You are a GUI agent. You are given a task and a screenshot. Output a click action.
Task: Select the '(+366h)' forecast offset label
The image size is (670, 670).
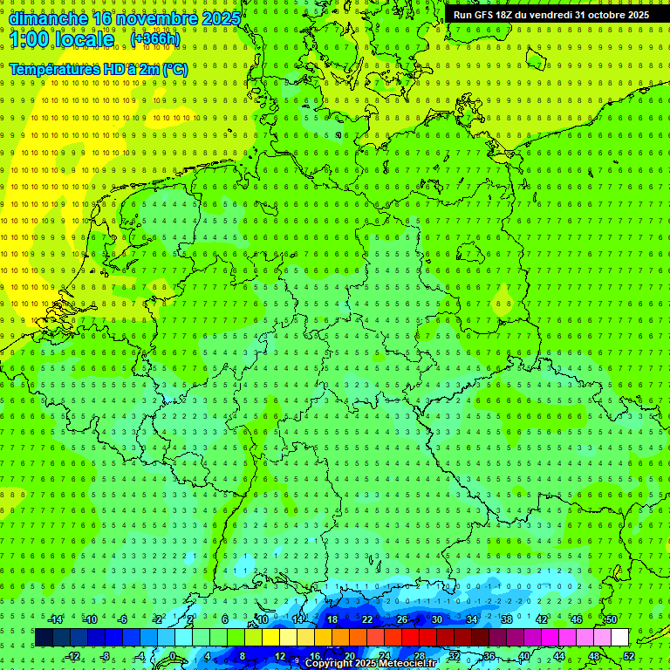tap(155, 39)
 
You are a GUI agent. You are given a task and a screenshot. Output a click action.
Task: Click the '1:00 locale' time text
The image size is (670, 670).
tap(62, 39)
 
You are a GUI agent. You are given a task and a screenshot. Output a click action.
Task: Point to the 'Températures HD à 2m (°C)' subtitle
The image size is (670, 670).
tap(98, 69)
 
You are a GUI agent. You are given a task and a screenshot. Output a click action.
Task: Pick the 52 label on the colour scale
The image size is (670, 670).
tap(629, 656)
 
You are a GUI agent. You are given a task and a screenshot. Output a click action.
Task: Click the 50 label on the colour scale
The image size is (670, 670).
tap(612, 619)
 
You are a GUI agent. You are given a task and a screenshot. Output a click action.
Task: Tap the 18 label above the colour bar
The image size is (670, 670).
tap(332, 619)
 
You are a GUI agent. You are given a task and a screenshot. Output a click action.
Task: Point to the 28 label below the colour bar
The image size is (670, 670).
tap(419, 656)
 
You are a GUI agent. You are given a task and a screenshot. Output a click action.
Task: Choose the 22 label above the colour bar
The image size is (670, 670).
tap(366, 619)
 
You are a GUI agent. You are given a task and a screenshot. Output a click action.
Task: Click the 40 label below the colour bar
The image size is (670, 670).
tap(523, 656)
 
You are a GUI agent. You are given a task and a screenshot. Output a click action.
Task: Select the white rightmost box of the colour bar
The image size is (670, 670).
tap(619, 638)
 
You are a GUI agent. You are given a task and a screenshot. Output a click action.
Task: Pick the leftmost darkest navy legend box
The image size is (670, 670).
tap(44, 638)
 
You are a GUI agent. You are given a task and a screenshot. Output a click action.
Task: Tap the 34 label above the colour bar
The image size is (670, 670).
tap(471, 619)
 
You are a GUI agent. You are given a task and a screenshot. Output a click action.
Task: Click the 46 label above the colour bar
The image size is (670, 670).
tap(576, 619)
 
